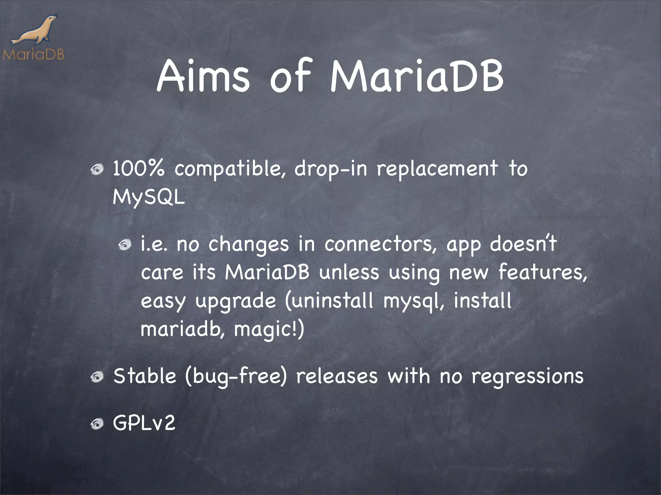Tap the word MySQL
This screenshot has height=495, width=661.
(149, 197)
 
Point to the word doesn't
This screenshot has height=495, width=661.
(523, 244)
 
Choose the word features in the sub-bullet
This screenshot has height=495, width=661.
(543, 272)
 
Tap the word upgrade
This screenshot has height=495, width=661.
(236, 301)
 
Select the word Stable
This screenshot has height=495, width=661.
(145, 376)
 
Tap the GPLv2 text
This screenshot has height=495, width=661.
(144, 423)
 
